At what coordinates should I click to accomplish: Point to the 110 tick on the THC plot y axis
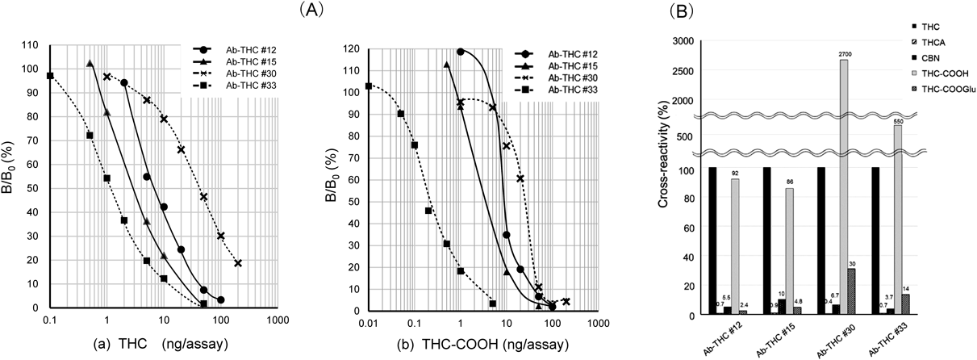pos(33,45)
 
